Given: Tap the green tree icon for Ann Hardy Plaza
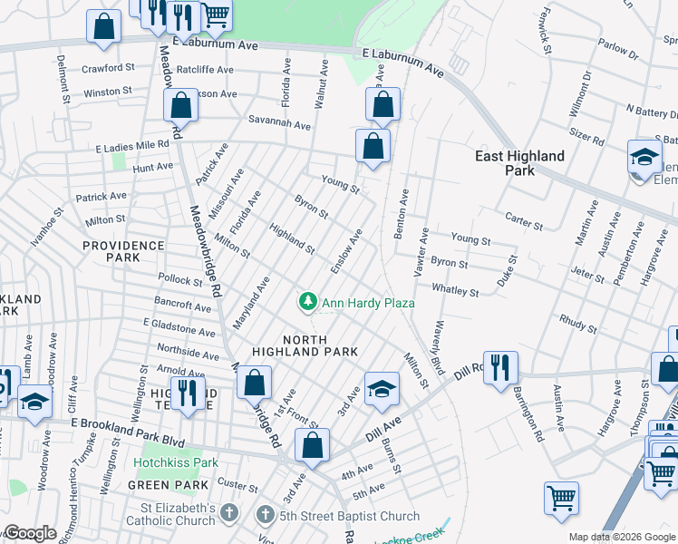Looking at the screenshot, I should pyautogui.click(x=308, y=301).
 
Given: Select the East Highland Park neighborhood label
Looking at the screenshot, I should pyautogui.click(x=520, y=163).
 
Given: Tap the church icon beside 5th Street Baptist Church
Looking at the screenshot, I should pyautogui.click(x=266, y=516).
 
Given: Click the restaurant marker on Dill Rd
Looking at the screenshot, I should pyautogui.click(x=499, y=368).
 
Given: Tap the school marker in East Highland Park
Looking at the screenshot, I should pyautogui.click(x=644, y=157).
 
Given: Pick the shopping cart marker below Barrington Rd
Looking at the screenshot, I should pyautogui.click(x=561, y=497).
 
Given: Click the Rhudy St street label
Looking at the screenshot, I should pyautogui.click(x=577, y=324).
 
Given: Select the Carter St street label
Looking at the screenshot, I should pyautogui.click(x=522, y=222).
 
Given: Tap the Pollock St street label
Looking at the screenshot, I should pyautogui.click(x=179, y=281).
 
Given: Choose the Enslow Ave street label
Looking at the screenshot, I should pyautogui.click(x=346, y=251).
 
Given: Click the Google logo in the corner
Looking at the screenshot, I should pyautogui.click(x=30, y=533).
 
